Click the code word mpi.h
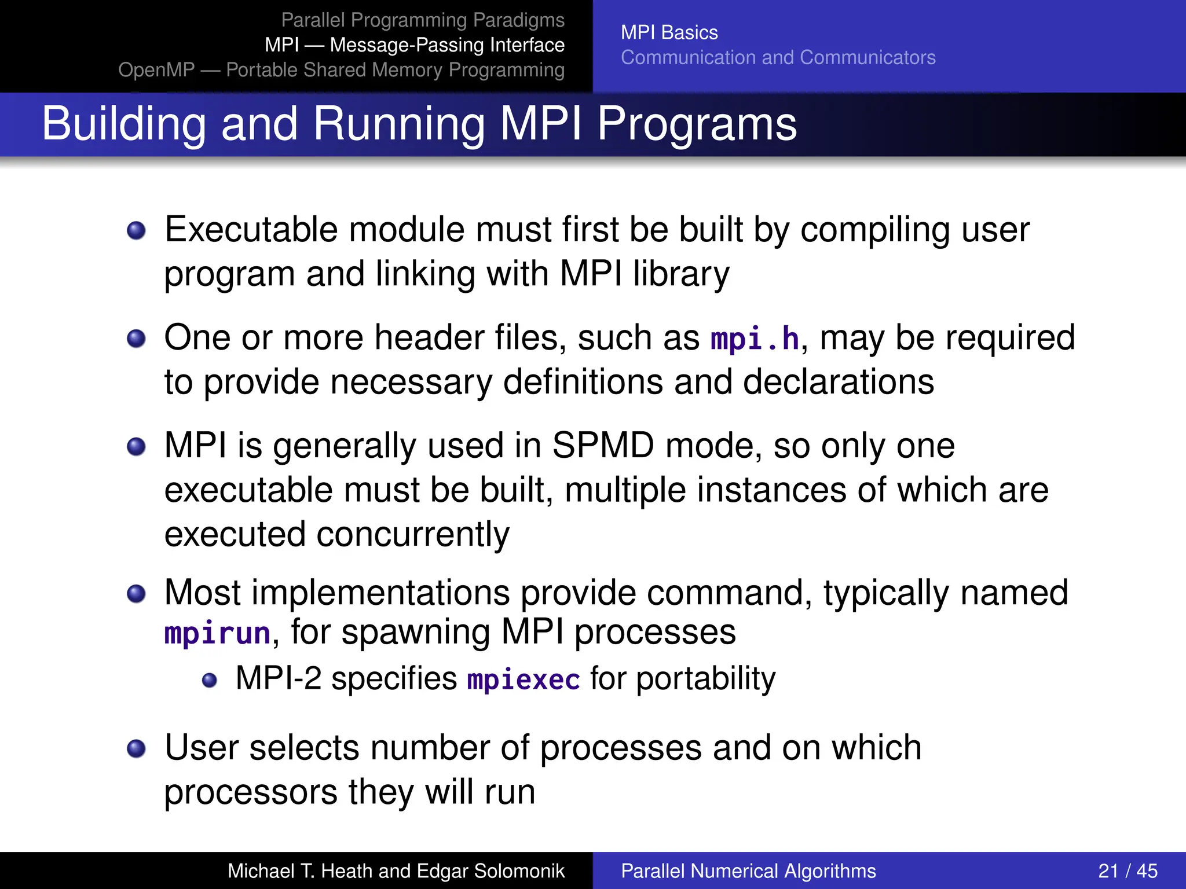pos(755,339)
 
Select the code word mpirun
pos(217,633)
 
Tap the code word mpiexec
pos(524,679)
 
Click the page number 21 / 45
pos(1128,870)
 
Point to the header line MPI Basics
pos(669,32)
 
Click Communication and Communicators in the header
pos(778,57)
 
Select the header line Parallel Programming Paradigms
pos(422,20)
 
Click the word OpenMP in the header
pos(156,69)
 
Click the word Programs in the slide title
pos(697,124)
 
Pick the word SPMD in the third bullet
pos(603,446)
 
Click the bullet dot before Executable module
pos(136,231)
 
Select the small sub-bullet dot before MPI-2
pos(210,680)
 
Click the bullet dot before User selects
pos(136,748)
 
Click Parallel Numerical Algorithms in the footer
pos(748,870)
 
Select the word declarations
pos(838,382)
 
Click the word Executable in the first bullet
pos(251,230)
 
